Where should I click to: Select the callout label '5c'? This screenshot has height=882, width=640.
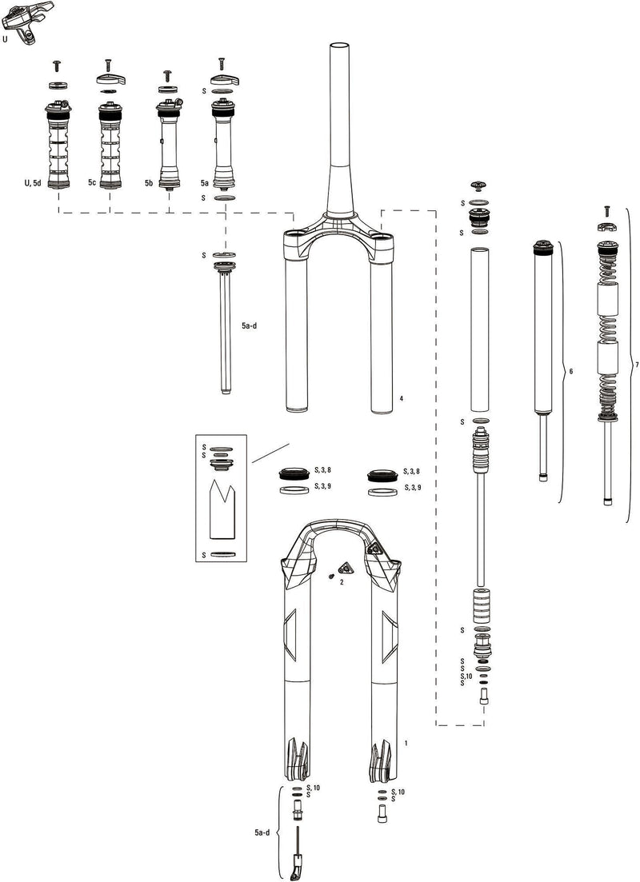(93, 183)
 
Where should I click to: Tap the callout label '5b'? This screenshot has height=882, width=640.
(149, 183)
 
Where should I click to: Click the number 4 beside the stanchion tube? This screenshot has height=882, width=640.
(400, 397)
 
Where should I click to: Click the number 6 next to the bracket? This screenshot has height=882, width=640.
(570, 372)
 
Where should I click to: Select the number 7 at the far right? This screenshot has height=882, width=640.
(635, 365)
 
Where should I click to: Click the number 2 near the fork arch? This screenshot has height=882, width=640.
(342, 583)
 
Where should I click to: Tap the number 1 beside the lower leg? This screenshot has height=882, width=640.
(406, 743)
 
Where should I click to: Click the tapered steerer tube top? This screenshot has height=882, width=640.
(338, 56)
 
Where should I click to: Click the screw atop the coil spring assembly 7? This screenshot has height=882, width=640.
(606, 209)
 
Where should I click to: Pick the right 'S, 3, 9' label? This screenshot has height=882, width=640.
(414, 487)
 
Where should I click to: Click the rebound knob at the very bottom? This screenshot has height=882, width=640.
(298, 867)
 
